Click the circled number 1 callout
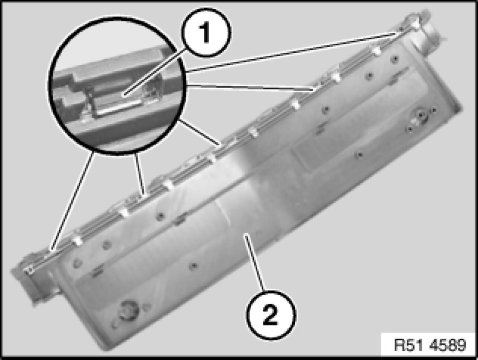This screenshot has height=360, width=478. click(206, 32)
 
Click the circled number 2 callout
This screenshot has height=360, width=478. click(271, 315)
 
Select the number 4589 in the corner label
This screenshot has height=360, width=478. click(448, 345)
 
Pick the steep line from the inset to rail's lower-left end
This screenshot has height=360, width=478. click(73, 201)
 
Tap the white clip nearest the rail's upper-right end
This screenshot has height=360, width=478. click(377, 50)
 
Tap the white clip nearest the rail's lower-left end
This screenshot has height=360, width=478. click(78, 239)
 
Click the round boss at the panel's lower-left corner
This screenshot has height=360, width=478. click(128, 310)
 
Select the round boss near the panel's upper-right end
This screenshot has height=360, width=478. click(420, 115)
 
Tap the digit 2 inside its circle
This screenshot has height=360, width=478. click(270, 315)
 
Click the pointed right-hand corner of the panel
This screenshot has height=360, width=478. click(462, 108)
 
